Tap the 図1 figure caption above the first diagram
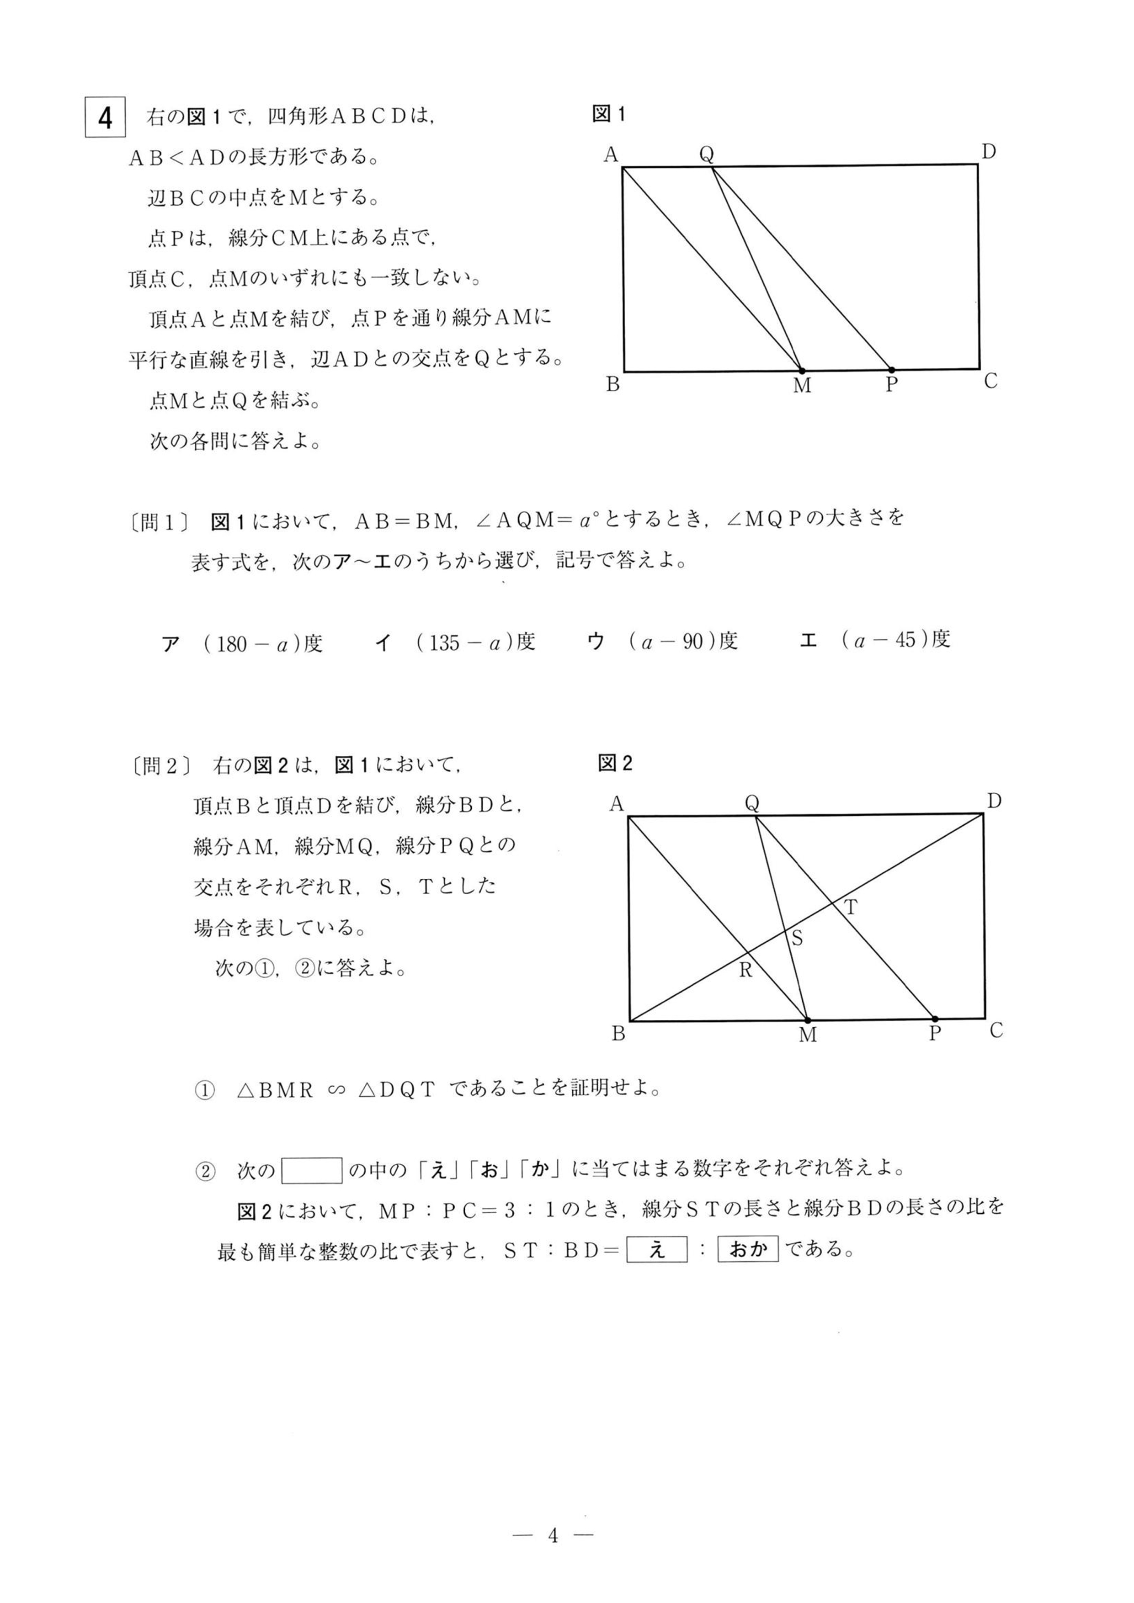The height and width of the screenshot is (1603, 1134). pos(608,114)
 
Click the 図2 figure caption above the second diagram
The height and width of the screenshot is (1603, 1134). pos(614,763)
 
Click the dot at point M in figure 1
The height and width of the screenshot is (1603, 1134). pos(802,370)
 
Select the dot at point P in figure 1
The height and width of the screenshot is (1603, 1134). pos(891,369)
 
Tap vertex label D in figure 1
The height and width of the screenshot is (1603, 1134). pos(988,152)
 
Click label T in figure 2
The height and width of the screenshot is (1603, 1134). pos(851,908)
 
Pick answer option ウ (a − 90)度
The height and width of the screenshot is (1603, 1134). pos(663,641)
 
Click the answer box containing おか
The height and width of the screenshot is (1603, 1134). pos(748,1248)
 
